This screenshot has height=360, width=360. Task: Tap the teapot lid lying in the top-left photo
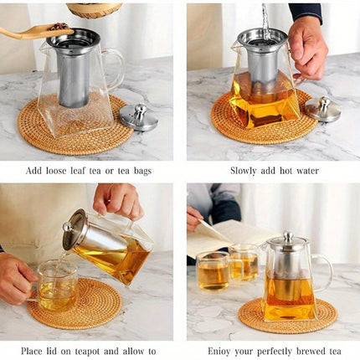[138, 116]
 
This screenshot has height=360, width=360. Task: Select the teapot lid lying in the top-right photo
[322, 110]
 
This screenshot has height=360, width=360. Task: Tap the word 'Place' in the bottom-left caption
[37, 350]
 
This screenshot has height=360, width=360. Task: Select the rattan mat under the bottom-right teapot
[251, 318]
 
